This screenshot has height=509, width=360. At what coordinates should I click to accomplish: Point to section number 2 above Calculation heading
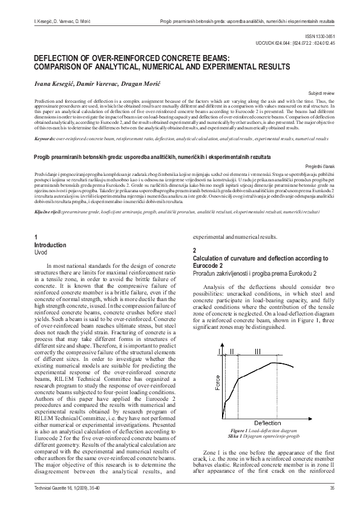click(194, 250)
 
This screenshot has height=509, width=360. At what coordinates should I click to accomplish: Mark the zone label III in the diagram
click(259, 351)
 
